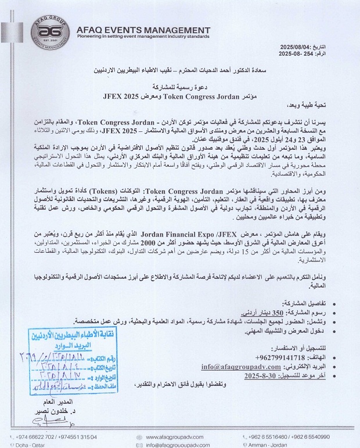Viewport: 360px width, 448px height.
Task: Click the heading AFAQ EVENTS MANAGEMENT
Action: tap(143, 30)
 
